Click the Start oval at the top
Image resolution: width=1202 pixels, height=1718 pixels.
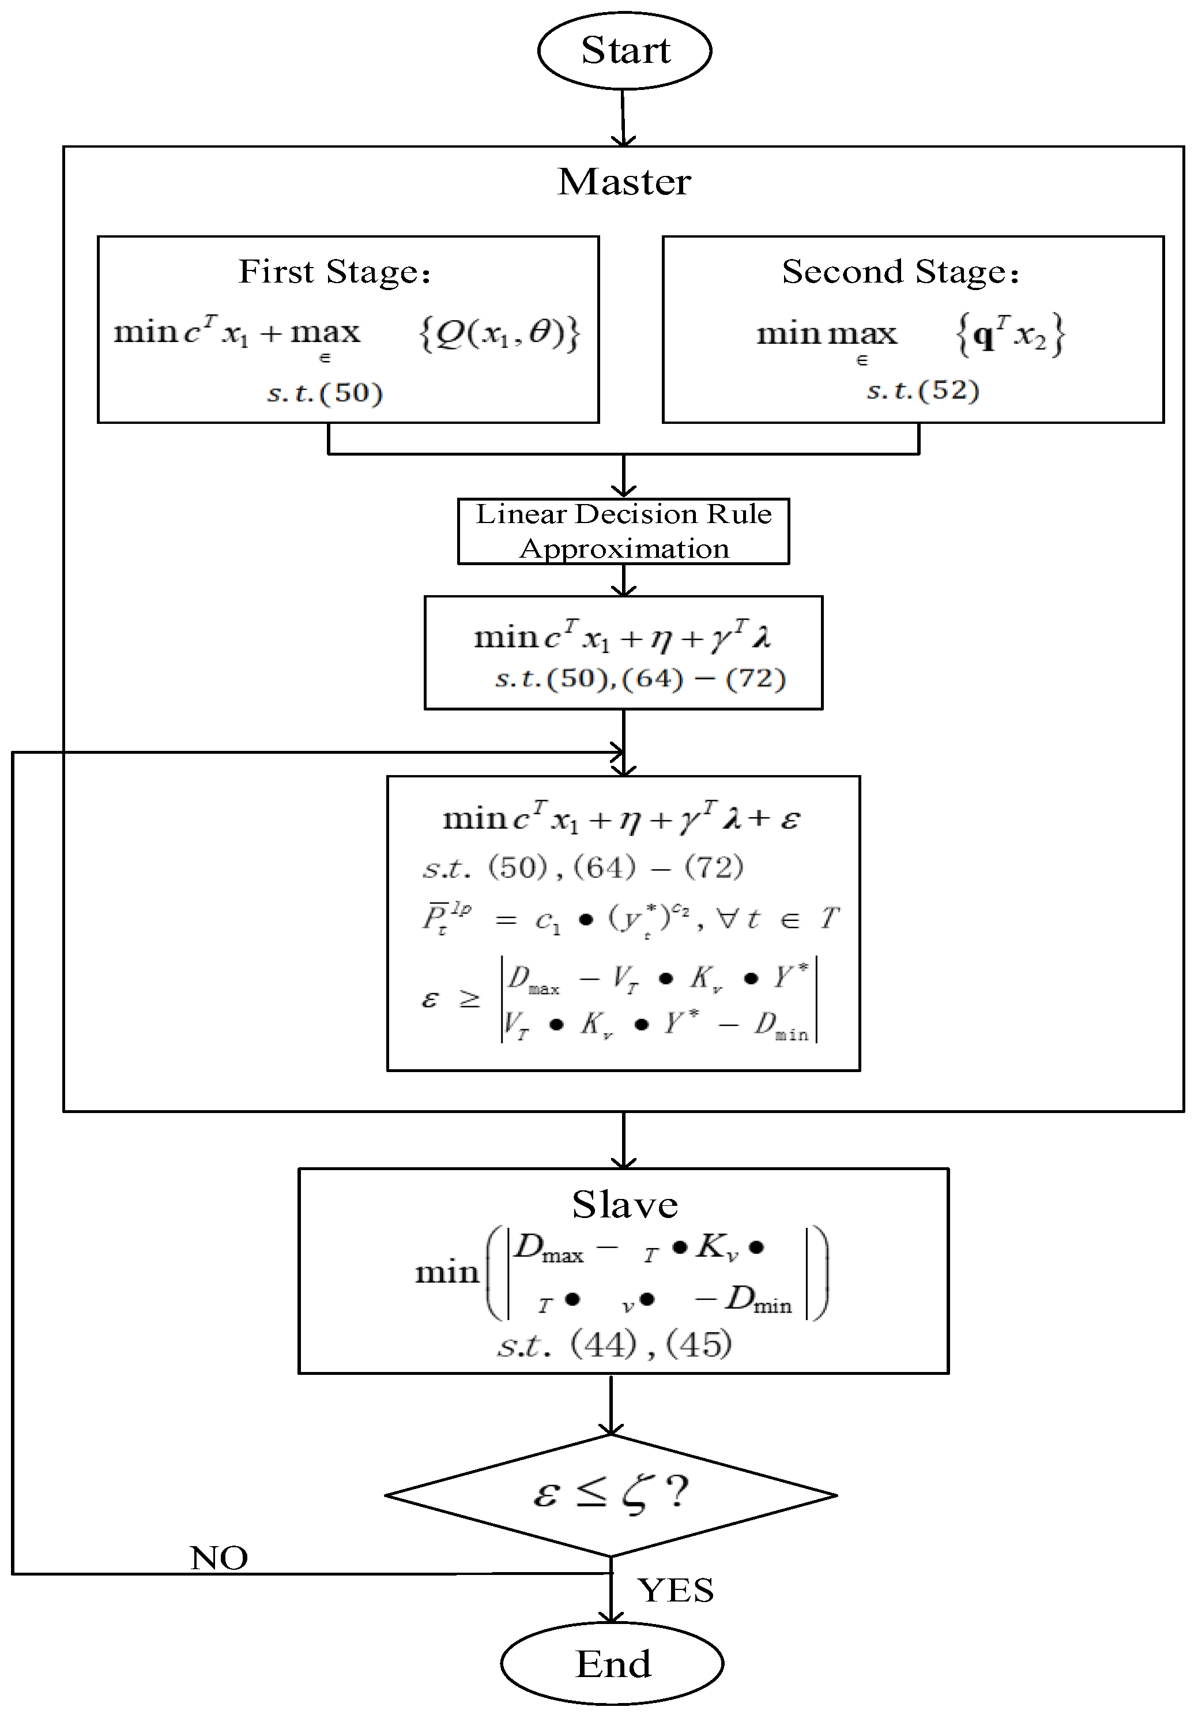click(x=624, y=51)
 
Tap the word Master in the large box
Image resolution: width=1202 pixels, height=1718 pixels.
click(x=624, y=182)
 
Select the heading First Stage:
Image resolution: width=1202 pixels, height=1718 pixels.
click(x=334, y=272)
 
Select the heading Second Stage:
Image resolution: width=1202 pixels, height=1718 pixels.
click(x=900, y=272)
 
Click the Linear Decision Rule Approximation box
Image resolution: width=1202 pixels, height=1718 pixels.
click(x=623, y=531)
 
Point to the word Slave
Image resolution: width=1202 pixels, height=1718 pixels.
click(x=624, y=1205)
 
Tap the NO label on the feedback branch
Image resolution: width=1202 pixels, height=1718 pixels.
click(x=218, y=1558)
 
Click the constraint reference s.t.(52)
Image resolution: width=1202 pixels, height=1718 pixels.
click(x=922, y=390)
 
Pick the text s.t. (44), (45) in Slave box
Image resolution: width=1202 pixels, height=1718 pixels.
click(x=614, y=1345)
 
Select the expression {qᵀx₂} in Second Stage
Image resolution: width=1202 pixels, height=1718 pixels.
click(x=1011, y=334)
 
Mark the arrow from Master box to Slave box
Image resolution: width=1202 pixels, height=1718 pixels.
click(x=623, y=1139)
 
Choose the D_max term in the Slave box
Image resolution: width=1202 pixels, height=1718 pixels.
click(x=549, y=1248)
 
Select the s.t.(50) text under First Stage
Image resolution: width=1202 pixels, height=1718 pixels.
click(x=325, y=393)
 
